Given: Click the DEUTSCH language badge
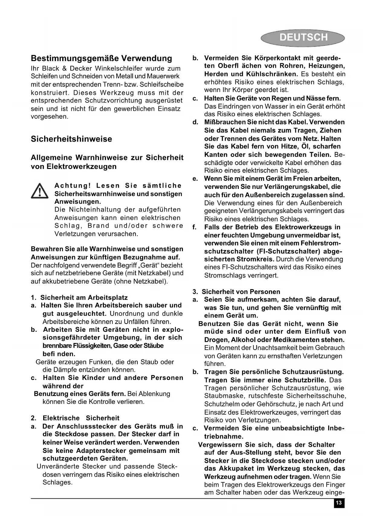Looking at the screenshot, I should (x=303, y=38).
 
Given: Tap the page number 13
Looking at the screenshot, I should (x=339, y=503).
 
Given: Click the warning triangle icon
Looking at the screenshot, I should (x=40, y=191).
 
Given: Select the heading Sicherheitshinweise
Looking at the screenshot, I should (x=71, y=139).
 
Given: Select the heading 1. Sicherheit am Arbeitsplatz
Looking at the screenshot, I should (x=79, y=298).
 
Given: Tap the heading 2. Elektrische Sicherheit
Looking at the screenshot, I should (x=75, y=418).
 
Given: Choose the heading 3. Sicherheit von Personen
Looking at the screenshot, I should (x=236, y=292).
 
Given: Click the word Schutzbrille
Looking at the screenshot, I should (x=305, y=380).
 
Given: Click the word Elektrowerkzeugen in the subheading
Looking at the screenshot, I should (x=82, y=167).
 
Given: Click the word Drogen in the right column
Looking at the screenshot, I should (x=215, y=340).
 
